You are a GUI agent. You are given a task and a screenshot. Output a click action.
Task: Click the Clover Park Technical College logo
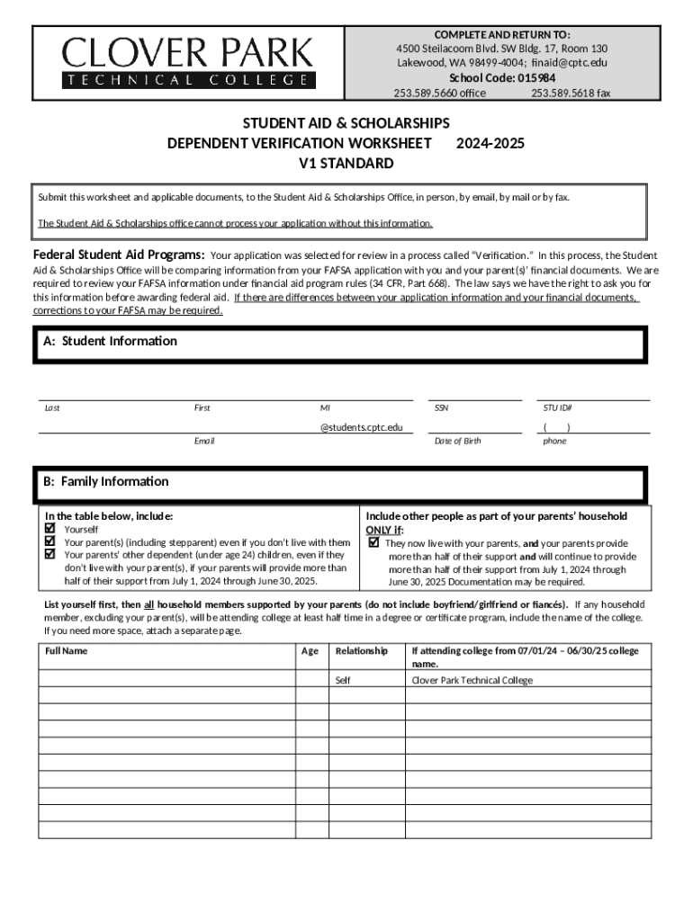click(x=188, y=61)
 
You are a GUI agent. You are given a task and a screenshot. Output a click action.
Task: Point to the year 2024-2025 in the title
click(x=490, y=143)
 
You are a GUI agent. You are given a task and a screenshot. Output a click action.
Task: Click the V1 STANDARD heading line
click(x=346, y=164)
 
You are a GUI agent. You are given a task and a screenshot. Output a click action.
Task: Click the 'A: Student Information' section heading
click(x=111, y=341)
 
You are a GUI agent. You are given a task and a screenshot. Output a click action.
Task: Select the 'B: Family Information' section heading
click(x=106, y=481)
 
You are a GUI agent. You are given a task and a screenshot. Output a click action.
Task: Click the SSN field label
click(x=441, y=407)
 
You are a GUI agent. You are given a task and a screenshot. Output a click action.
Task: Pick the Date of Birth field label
click(x=457, y=441)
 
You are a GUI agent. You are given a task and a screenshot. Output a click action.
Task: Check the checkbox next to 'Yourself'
click(x=50, y=530)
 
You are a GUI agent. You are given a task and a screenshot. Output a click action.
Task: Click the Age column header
click(x=310, y=650)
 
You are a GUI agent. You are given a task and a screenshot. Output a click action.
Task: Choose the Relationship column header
click(x=362, y=650)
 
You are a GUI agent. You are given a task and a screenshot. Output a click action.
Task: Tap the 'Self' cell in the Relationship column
click(x=343, y=680)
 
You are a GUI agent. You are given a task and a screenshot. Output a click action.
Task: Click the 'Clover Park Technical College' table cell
click(x=472, y=680)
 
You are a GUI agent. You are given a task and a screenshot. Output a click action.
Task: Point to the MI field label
click(x=325, y=407)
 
